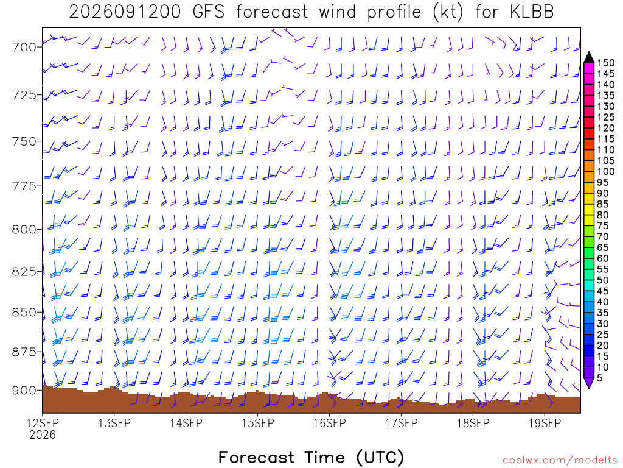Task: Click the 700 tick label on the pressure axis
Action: (x=24, y=48)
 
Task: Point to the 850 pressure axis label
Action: (x=24, y=313)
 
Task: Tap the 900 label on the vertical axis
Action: (x=24, y=391)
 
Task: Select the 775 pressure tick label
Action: (x=24, y=186)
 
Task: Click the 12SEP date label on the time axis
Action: (x=43, y=423)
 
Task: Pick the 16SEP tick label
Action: (x=329, y=423)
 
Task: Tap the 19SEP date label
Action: (x=545, y=423)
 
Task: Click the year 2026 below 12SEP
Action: (x=43, y=435)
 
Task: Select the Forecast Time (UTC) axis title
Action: (x=311, y=457)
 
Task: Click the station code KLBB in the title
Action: (x=532, y=12)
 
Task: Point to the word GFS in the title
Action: (x=208, y=12)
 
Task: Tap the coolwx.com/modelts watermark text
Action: (x=560, y=461)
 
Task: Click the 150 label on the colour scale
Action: (x=605, y=63)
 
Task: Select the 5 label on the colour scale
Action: (x=600, y=378)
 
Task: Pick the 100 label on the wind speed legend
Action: (x=605, y=171)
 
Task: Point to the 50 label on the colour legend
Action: (x=603, y=280)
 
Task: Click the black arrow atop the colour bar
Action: (x=589, y=58)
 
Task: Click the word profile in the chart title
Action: (x=394, y=12)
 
